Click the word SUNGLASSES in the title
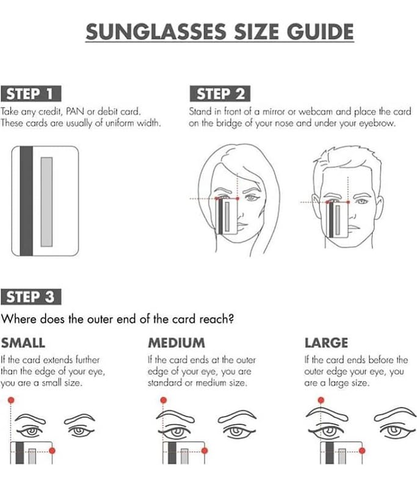[x=156, y=32]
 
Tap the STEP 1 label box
[x=31, y=94]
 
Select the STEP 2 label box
[x=220, y=94]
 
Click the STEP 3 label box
[x=31, y=296]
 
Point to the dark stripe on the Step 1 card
[x=26, y=201]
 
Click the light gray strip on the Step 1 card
[x=46, y=202]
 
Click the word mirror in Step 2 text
[x=274, y=111]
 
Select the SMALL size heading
[x=23, y=343]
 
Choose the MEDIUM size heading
[x=176, y=343]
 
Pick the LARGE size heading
[x=326, y=343]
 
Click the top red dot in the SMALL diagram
[x=11, y=400]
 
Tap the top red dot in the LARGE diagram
[x=321, y=400]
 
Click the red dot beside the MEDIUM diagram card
[x=205, y=450]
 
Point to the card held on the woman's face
[x=227, y=217]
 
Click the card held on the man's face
[x=337, y=220]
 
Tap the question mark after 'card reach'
[x=230, y=319]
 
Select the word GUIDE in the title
[x=320, y=32]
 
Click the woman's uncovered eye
[x=252, y=198]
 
